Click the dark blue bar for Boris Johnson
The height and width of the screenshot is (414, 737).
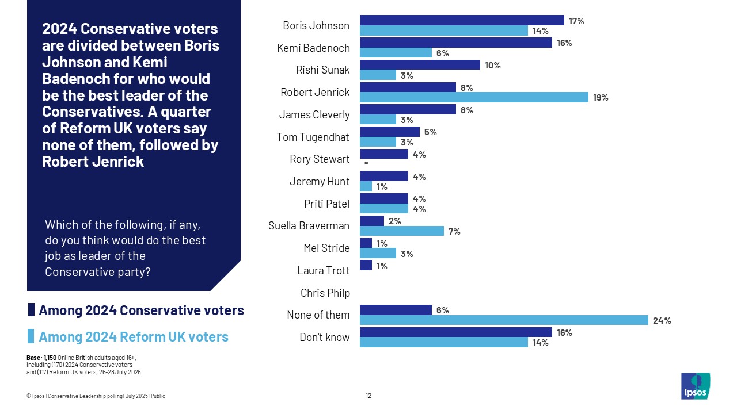coord(462,20)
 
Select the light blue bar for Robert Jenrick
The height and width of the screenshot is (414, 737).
coord(474,97)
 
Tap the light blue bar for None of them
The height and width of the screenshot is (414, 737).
coord(504,320)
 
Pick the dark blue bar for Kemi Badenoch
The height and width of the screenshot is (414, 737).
coord(455,43)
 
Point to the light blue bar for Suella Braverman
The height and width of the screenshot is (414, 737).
coord(402,231)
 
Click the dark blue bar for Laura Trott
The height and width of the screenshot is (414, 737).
coord(366,265)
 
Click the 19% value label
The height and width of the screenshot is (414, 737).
coord(601,98)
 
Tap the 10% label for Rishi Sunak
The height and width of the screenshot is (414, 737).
coord(493,65)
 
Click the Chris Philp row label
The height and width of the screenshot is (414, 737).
coord(325,293)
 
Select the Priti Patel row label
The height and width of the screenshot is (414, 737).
coord(326,204)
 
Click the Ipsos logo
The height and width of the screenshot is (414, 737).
coord(696,386)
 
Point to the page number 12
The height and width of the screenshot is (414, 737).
coord(368,396)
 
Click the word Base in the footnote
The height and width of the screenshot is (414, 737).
coord(33,358)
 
